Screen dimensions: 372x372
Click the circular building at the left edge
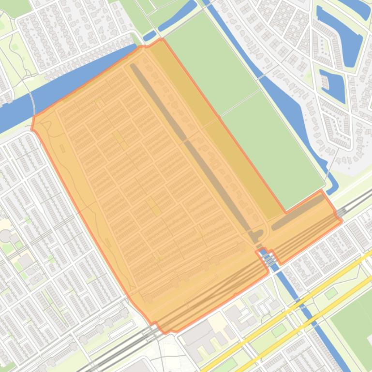tap(5, 236)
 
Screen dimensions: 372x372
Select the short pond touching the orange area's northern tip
tap(150, 35)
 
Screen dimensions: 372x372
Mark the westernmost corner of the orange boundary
tap(32, 129)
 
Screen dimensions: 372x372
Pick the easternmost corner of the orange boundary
tap(342, 221)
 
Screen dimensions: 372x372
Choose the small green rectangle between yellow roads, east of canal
tap(331, 293)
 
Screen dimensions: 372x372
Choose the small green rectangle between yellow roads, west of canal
tap(279, 330)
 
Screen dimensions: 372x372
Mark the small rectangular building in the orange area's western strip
tap(62, 148)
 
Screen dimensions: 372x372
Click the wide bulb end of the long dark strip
tap(253, 237)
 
